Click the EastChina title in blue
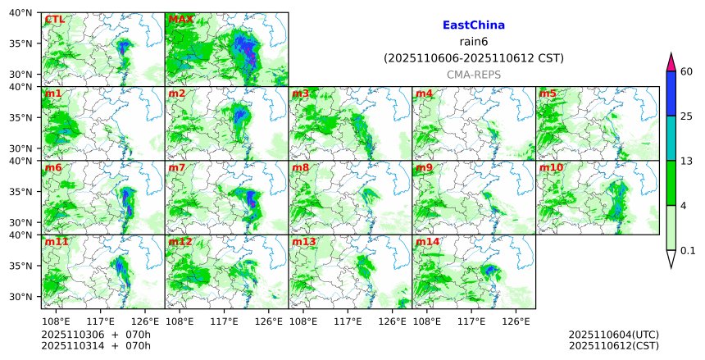[473, 25]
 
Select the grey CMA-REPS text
[473, 75]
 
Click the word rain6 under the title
[473, 42]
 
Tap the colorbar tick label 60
[687, 72]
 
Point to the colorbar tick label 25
[687, 116]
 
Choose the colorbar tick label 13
[687, 161]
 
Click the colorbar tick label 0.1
[688, 250]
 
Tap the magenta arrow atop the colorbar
[671, 62]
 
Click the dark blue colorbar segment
[671, 93]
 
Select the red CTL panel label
[55, 20]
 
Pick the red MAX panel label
[180, 20]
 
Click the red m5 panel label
[548, 93]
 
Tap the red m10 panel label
[551, 168]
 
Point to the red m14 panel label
[427, 242]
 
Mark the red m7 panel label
[177, 168]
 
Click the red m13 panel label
[303, 242]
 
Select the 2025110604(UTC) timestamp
[613, 335]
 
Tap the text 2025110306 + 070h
[90, 335]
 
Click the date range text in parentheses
[473, 58]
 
